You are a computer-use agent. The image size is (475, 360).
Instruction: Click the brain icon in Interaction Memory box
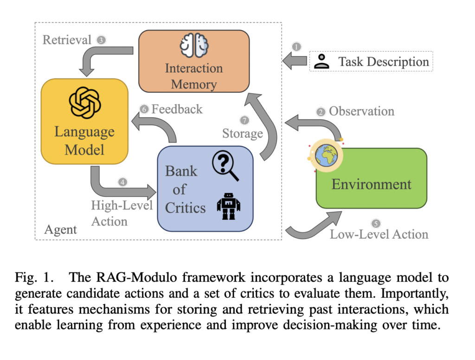194,46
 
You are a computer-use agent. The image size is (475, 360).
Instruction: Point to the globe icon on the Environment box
327,155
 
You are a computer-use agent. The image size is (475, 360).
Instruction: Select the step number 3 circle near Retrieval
101,40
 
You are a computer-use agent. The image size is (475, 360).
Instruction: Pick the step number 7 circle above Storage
244,120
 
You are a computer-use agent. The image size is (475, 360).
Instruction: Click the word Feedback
177,109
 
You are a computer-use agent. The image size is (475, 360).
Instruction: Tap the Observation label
361,111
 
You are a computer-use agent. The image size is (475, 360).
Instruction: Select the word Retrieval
67,40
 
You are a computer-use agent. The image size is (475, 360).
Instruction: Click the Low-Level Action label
379,234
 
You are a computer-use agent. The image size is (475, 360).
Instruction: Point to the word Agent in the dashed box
60,230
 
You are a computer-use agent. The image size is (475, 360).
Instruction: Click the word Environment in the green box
371,184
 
